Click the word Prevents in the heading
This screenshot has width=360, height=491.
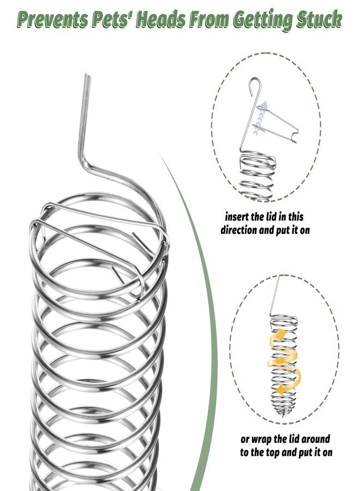coord(52,19)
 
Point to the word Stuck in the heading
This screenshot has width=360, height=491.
coord(319,19)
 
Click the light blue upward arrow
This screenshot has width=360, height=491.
coord(260,118)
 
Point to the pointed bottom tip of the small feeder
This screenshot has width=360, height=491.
coord(284,416)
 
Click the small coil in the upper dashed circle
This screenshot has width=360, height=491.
coord(257,175)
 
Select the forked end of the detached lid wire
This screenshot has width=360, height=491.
coord(294,137)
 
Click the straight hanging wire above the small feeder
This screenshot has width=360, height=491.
coord(274,296)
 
